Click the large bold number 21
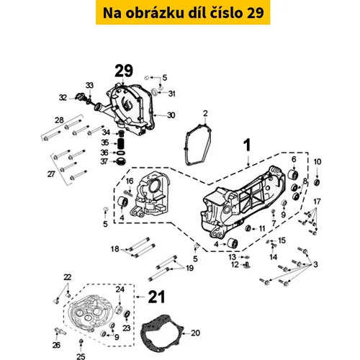pos(156,297)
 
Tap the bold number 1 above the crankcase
pos(247,145)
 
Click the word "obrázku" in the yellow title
pos(155,13)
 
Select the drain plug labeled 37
pos(121,161)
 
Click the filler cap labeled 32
pos(79,96)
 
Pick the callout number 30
pos(171,115)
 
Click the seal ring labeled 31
pos(155,91)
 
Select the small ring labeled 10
pos(317,182)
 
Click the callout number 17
pos(317,201)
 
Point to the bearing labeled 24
pos(120,310)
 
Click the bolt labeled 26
pos(60,332)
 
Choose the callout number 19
pos(190,268)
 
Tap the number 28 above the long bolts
pos(59,120)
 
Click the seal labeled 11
pos(248,228)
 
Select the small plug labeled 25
pos(81,341)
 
